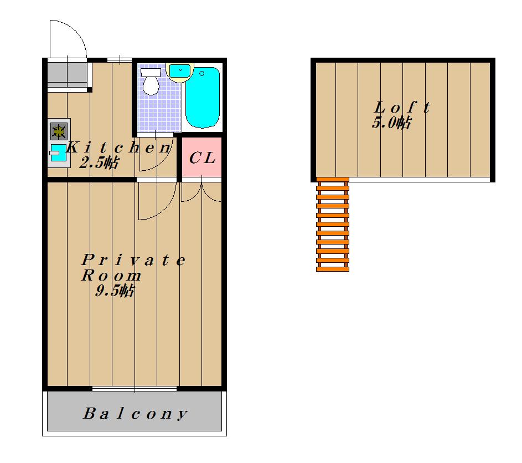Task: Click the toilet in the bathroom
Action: point(151,82)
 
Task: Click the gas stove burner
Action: point(59,131)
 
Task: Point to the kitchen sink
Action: point(58,153)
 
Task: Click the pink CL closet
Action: point(201,157)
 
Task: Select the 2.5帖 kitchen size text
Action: point(99,163)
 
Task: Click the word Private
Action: point(133,260)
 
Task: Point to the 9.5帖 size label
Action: point(115,290)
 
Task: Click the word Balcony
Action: point(135,414)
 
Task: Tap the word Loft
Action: point(402,107)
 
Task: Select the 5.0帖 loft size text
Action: point(391,123)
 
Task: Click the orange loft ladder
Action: point(333,225)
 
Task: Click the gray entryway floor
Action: point(68,75)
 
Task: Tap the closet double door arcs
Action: point(201,192)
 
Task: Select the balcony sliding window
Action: point(135,389)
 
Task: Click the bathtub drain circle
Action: point(201,73)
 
